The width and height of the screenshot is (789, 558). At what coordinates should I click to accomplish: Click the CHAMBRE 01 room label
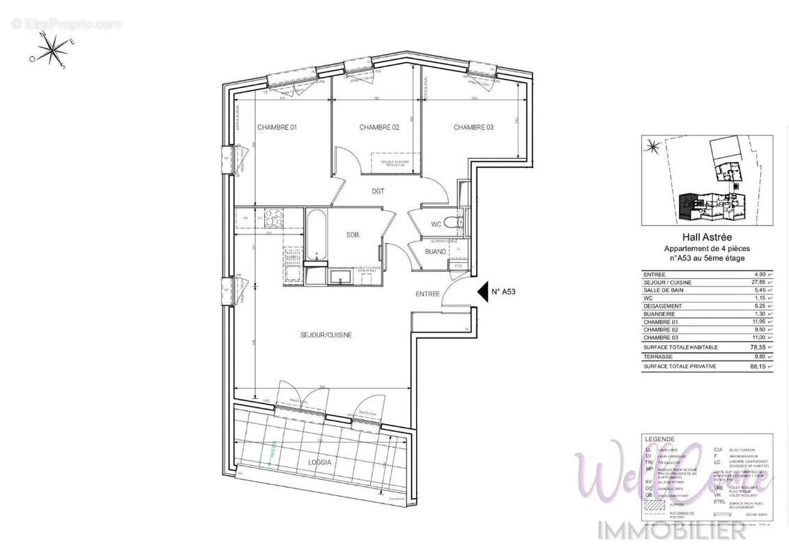point(277,127)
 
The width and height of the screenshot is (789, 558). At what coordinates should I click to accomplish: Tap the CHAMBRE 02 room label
point(379,127)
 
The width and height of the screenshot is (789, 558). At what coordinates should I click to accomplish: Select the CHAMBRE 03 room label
point(473,127)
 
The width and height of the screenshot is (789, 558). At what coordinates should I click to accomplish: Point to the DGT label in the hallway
point(378,190)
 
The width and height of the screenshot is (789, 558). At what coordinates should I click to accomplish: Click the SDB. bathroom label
point(353,235)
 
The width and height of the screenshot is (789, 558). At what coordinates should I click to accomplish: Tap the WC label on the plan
point(436,224)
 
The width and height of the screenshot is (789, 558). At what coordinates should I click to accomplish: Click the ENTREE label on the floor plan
point(427,294)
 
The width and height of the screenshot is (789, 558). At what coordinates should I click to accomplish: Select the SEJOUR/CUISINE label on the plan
point(327,335)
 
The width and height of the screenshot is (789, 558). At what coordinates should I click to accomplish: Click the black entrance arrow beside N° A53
point(481,293)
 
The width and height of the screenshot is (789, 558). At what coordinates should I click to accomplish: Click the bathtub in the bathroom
point(315,234)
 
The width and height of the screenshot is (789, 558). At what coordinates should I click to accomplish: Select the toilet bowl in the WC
point(452,223)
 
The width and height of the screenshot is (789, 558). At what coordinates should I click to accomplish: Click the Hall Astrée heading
point(706,238)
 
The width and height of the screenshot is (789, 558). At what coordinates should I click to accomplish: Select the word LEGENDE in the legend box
point(660,439)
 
